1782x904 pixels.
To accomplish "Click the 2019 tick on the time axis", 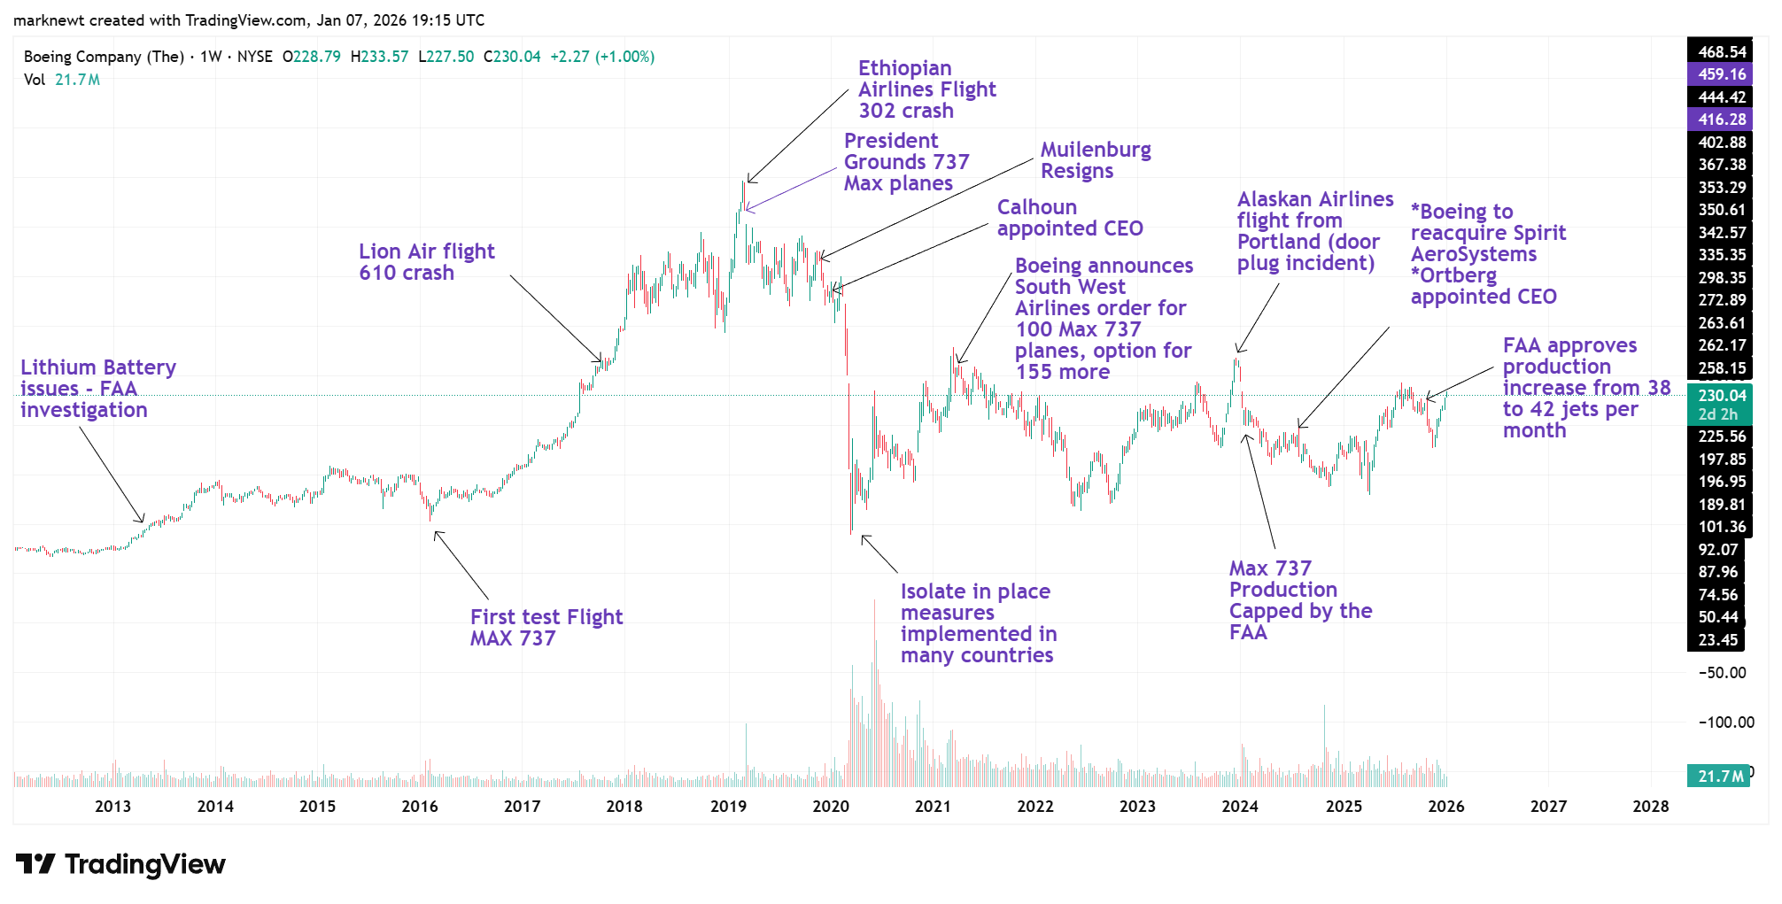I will click(x=728, y=807).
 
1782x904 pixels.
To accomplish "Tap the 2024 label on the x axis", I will click(x=1240, y=807).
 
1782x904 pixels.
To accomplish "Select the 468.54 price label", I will click(x=1722, y=52).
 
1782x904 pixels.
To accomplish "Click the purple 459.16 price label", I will click(x=1722, y=74).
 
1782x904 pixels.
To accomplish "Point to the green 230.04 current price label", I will click(x=1722, y=396).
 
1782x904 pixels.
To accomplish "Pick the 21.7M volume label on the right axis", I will click(x=1719, y=777).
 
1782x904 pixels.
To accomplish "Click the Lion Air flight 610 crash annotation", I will click(x=426, y=262).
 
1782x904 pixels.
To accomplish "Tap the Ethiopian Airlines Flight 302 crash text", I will click(x=926, y=89).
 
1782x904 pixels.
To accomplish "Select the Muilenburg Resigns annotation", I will click(x=1096, y=160).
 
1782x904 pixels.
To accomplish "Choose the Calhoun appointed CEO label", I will click(x=1070, y=218).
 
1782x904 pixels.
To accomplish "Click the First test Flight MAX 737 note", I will click(x=546, y=628).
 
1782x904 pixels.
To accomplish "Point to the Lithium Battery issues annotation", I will click(x=97, y=389).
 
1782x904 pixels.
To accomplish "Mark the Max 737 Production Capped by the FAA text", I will click(x=1300, y=600).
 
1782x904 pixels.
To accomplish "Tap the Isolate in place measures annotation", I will click(x=978, y=623).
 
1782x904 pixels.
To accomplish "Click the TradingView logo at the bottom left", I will click(x=120, y=864).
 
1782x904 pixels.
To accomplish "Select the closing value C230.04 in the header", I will click(x=512, y=57).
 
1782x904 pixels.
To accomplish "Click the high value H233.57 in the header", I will click(x=379, y=57).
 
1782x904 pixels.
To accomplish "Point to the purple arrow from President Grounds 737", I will click(x=791, y=189).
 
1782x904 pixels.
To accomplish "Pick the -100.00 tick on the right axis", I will click(x=1726, y=722).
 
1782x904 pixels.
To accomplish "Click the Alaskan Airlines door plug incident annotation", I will click(x=1314, y=231).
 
